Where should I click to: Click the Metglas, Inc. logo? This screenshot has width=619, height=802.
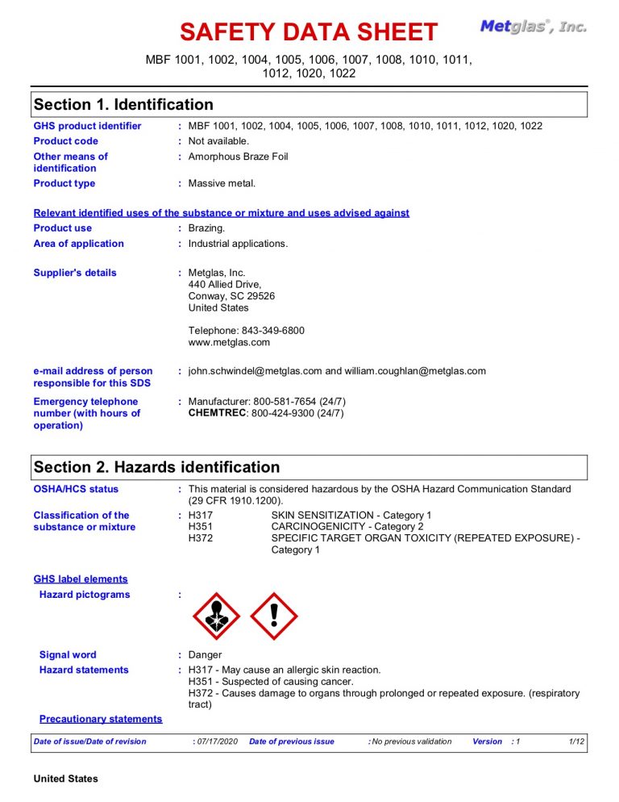pos(534,27)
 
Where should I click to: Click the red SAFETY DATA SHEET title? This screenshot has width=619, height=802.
pos(309,32)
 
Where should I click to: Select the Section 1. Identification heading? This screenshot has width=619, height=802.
pos(123,105)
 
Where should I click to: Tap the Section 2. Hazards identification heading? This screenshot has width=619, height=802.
pos(156,467)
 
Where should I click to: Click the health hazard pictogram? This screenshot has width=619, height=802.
pos(217,616)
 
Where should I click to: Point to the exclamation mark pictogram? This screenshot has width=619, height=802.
pos(274,616)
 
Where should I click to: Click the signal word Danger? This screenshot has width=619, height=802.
pos(205,655)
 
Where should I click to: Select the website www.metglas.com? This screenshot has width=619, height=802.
pos(229,342)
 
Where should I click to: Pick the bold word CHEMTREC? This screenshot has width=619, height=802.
pos(218,413)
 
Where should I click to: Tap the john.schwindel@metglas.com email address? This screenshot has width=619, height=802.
pos(255,371)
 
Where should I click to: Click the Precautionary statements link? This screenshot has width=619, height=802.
pos(101,719)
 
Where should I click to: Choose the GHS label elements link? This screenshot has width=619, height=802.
pos(81,579)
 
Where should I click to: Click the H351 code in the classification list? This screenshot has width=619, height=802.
pos(200,527)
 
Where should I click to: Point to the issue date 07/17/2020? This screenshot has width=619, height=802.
pos(218,741)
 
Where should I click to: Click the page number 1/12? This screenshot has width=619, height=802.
pos(576,741)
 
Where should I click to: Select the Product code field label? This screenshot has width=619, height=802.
pos(66,141)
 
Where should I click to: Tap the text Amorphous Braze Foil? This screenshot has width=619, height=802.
pos(238,157)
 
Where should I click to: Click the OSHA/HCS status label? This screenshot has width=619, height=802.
pos(76,489)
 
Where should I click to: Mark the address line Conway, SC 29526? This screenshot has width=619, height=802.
pos(231,296)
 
